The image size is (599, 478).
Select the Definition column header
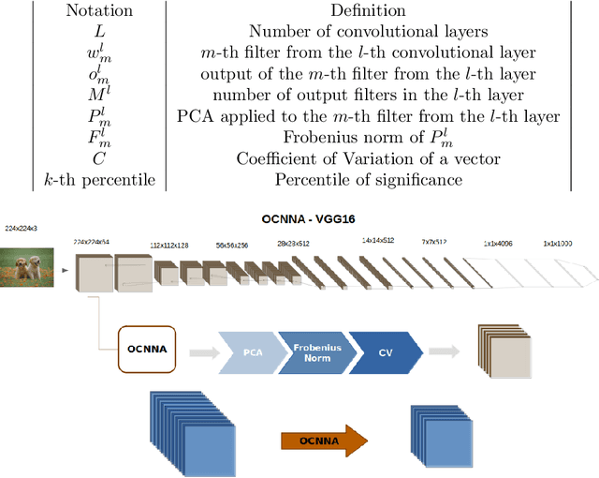point(368,12)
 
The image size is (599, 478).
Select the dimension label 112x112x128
point(169,246)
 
